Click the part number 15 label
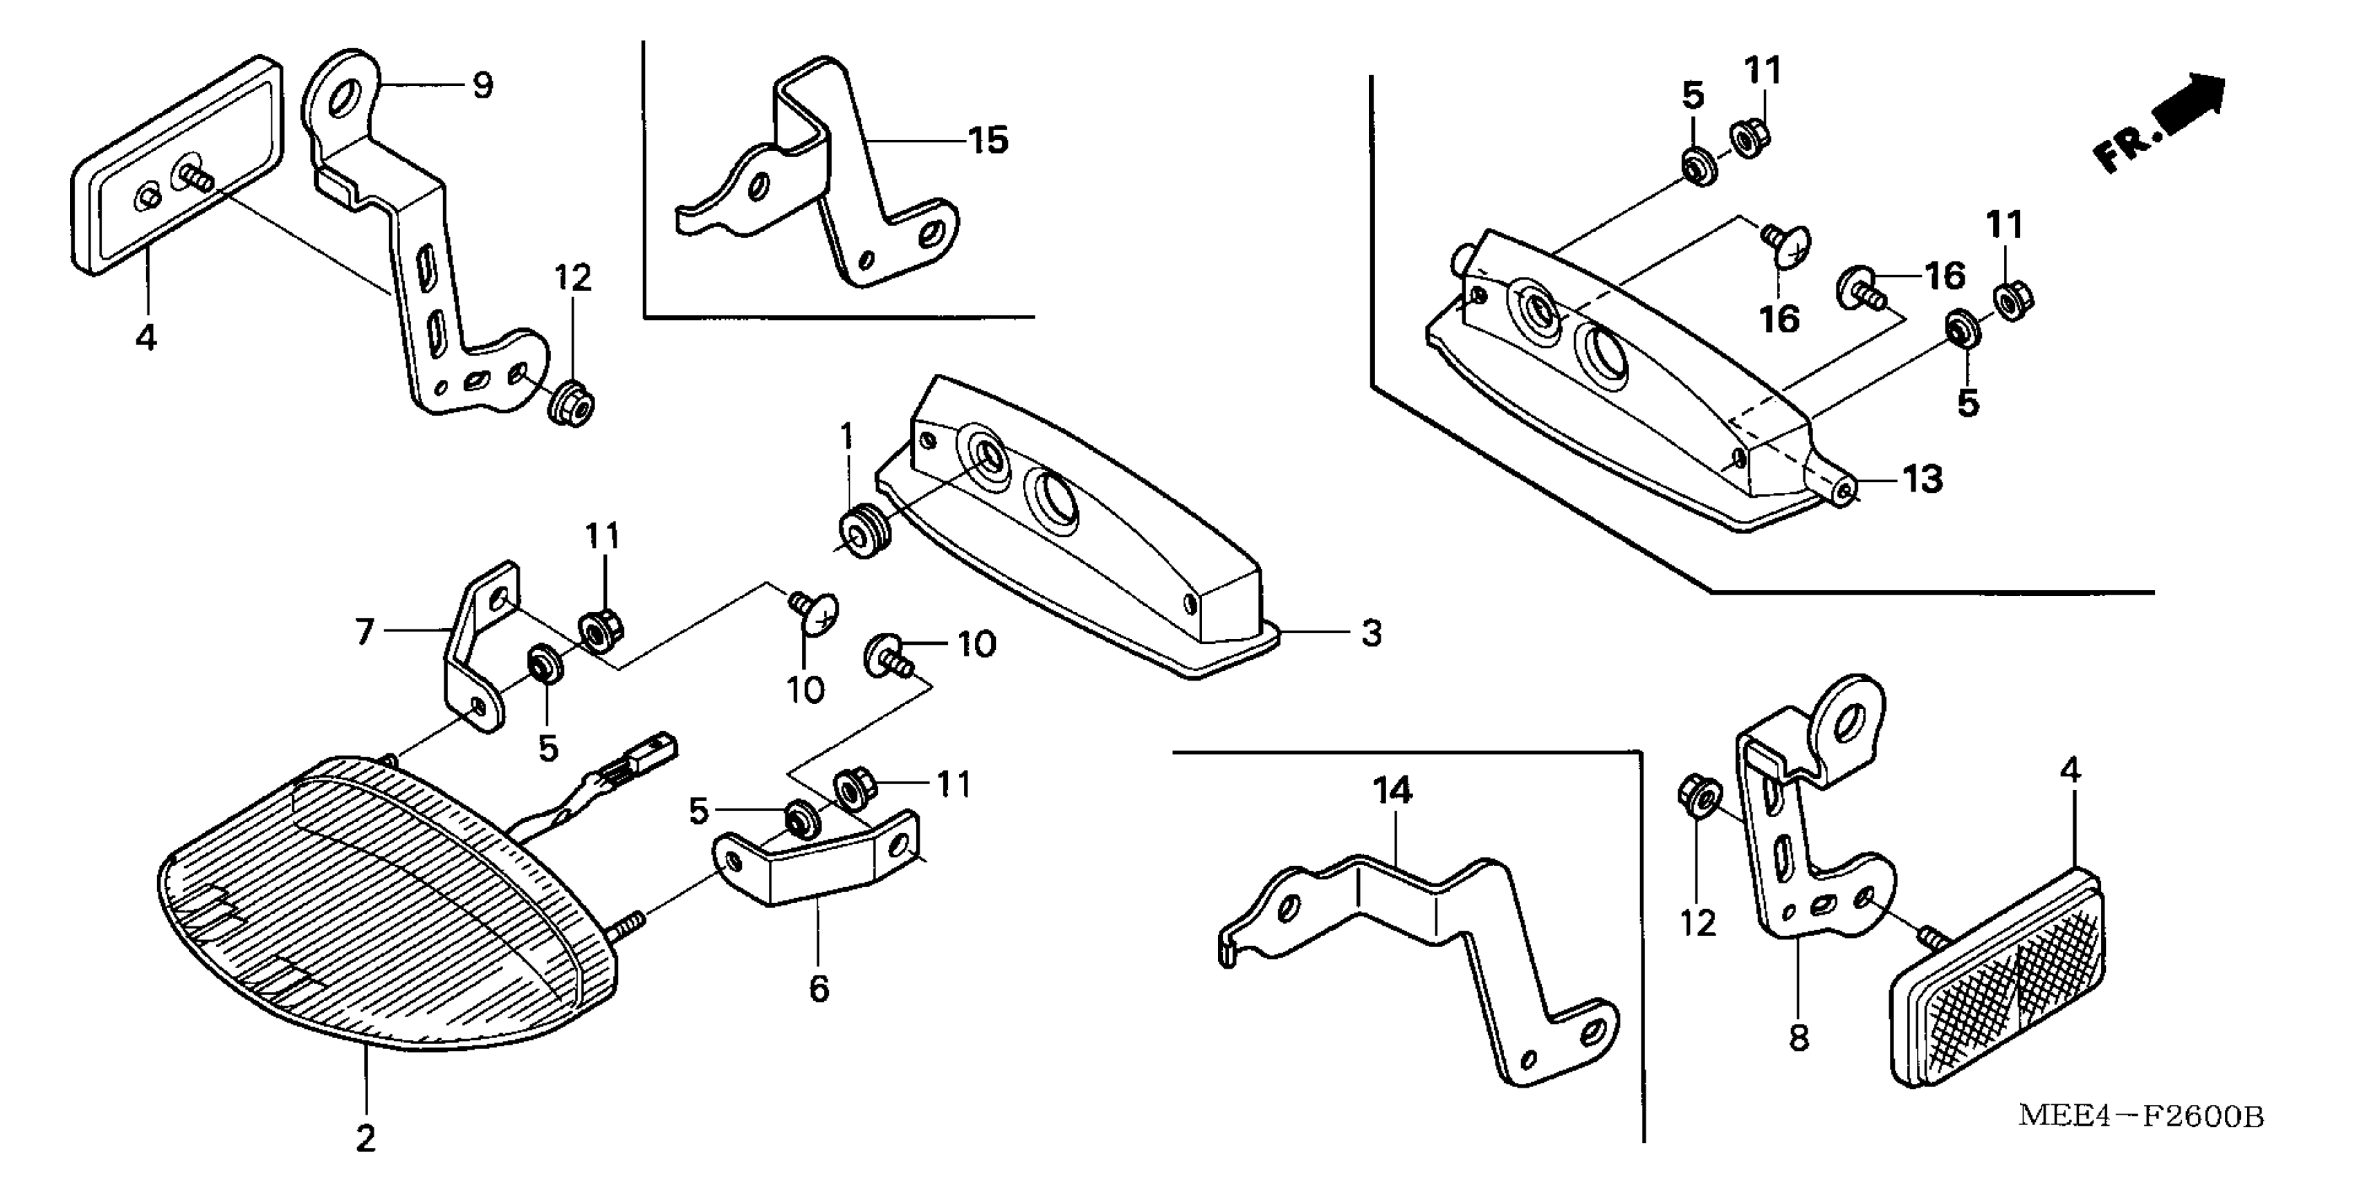click(x=988, y=141)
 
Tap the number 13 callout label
click(x=1922, y=479)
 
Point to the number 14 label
click(x=1392, y=792)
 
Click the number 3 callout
click(x=1370, y=633)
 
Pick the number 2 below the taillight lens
click(x=365, y=1139)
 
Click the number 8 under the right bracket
click(x=1798, y=1039)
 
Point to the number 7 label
click(x=365, y=631)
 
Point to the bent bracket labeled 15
click(x=823, y=174)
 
